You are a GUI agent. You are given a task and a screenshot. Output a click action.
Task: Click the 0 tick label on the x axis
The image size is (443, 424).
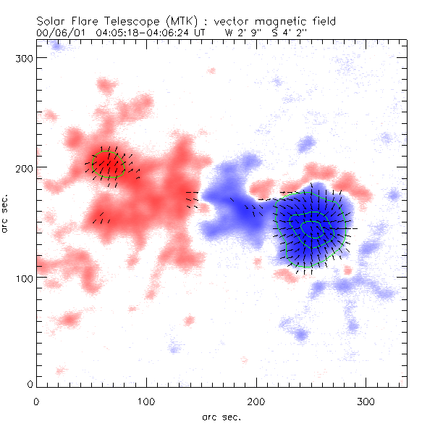coord(36,401)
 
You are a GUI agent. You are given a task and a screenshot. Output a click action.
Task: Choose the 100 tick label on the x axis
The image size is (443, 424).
coord(147,401)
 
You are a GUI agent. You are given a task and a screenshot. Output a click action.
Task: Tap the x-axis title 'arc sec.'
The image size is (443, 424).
coord(221,416)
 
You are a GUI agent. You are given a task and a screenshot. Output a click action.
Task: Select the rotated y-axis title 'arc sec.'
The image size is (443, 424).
coord(7,214)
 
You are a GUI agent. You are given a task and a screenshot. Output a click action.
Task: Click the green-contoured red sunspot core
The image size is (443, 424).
coord(110,164)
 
